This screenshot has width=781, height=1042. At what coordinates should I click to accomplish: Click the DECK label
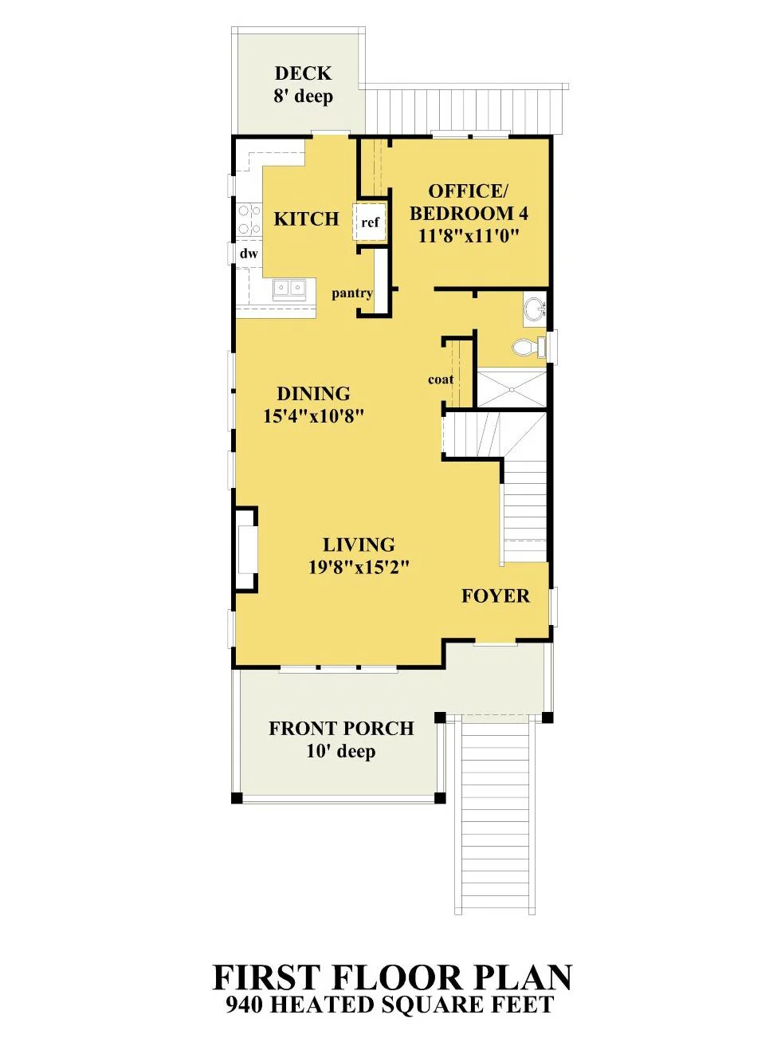(303, 73)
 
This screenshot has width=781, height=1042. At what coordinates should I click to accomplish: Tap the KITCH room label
(307, 218)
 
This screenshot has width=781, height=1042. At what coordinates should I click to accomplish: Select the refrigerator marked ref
(369, 222)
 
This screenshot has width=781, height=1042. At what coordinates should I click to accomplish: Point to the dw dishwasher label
(249, 254)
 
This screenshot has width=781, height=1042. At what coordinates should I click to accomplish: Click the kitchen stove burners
(249, 218)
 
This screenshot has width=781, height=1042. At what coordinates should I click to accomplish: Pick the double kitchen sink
(289, 288)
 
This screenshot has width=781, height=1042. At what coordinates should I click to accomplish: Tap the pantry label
(352, 294)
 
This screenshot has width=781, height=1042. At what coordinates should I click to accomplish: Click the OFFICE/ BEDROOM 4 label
(469, 203)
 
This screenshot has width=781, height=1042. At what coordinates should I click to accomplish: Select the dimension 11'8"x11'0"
(468, 237)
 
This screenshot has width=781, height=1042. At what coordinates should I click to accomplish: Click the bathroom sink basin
(536, 309)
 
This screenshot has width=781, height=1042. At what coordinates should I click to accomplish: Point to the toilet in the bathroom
(529, 347)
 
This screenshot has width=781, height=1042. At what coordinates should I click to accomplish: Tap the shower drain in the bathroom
(512, 390)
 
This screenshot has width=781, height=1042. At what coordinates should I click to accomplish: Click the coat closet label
(441, 379)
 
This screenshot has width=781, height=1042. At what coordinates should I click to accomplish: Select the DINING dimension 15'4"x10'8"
(314, 417)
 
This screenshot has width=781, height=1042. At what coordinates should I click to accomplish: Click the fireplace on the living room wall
(245, 549)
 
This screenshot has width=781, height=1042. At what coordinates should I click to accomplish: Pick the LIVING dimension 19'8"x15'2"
(359, 567)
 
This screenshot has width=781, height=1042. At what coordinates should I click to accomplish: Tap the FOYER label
(496, 596)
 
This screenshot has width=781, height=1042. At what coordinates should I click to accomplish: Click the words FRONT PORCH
(341, 728)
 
